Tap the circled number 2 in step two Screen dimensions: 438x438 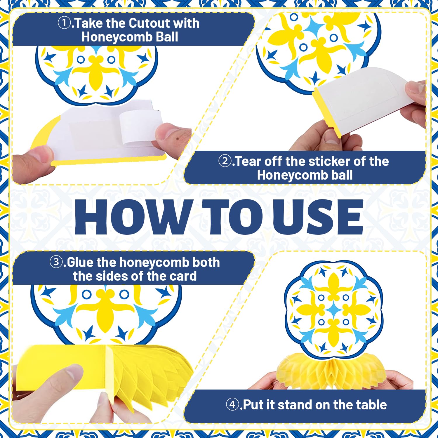[x=225, y=161]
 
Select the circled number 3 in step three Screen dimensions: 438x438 [x=56, y=262]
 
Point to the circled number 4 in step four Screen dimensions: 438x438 [x=232, y=405]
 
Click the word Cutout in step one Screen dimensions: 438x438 [x=148, y=23]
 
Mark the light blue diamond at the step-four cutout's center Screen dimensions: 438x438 [x=333, y=310]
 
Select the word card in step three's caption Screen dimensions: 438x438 [x=184, y=276]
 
